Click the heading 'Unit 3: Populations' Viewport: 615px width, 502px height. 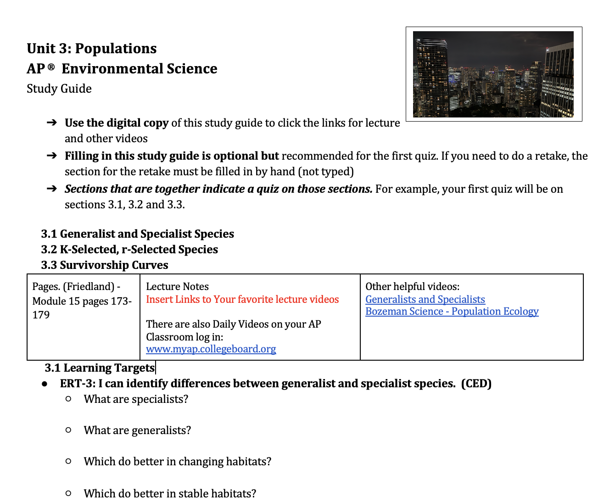pos(92,49)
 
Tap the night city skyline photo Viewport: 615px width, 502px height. pos(493,74)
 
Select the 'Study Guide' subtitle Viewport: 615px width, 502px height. pos(59,89)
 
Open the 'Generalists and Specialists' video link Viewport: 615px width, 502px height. pos(425,300)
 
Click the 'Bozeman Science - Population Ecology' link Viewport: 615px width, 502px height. pos(452,312)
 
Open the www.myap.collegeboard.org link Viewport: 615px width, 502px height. pos(211,349)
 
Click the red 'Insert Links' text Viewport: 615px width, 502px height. pos(242,300)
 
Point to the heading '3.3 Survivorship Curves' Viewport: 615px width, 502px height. pos(105,265)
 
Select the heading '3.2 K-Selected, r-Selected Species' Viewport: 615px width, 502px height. pos(129,250)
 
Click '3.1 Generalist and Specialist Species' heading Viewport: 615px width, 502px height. pos(138,234)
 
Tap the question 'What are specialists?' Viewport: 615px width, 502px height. pos(136,399)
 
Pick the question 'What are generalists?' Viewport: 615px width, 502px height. pos(137,430)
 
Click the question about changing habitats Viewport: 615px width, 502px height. pos(178,462)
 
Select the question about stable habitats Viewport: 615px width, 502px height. pos(170,494)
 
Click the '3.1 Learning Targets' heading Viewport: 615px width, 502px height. pos(100,368)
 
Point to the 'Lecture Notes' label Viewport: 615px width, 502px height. pos(177,287)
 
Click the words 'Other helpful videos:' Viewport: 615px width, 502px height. pos(412,287)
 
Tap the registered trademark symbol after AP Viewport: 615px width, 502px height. pos(51,67)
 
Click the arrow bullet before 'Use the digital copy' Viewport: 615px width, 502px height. pos(52,123)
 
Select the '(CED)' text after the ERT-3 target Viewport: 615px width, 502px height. pos(476,384)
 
